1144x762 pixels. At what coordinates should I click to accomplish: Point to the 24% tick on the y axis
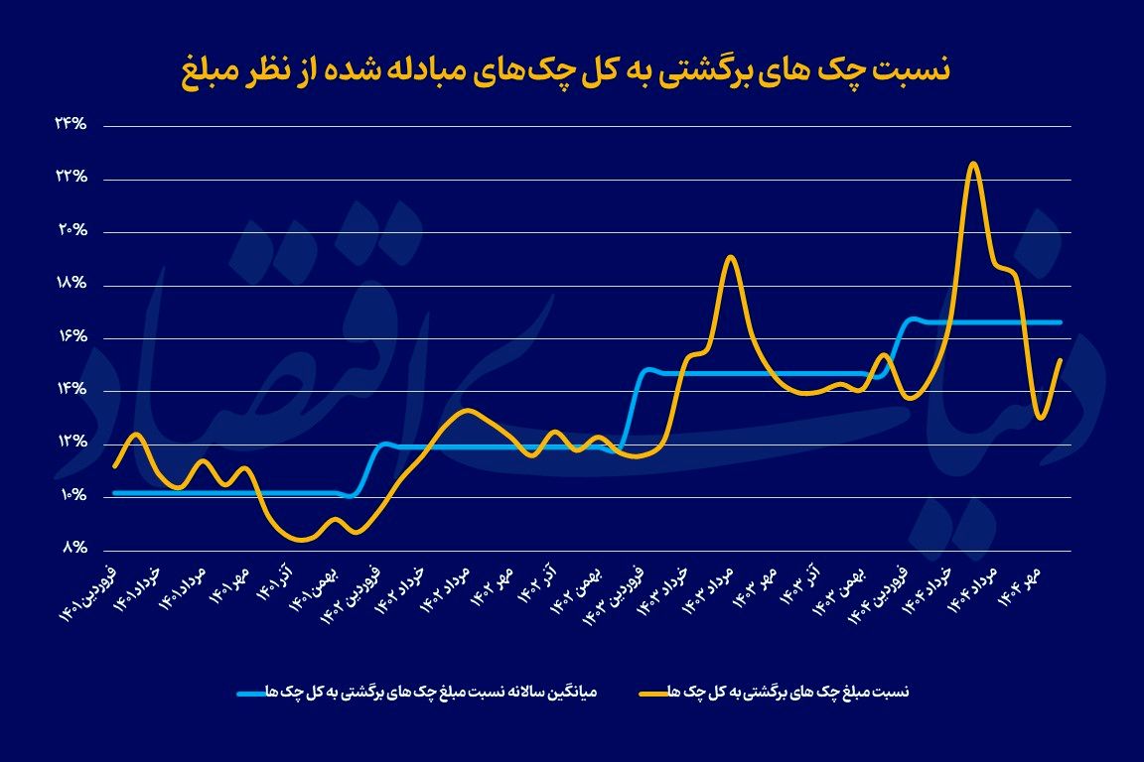tap(71, 125)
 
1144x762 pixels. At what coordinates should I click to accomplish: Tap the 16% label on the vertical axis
tap(71, 337)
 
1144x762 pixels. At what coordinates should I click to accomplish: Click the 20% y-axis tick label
tap(71, 231)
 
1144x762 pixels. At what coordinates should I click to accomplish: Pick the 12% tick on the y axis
tap(71, 443)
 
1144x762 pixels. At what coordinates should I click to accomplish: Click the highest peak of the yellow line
tap(973, 164)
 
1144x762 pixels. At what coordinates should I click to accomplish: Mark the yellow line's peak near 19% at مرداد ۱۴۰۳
tap(730, 257)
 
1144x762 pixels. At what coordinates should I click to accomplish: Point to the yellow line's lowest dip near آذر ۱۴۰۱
tap(302, 541)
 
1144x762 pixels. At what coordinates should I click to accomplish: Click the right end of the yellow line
tap(1062, 359)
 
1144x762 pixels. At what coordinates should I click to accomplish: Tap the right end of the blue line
tap(1062, 322)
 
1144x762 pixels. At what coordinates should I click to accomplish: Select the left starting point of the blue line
tap(115, 492)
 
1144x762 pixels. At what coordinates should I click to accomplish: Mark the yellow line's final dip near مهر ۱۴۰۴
tap(1040, 418)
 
